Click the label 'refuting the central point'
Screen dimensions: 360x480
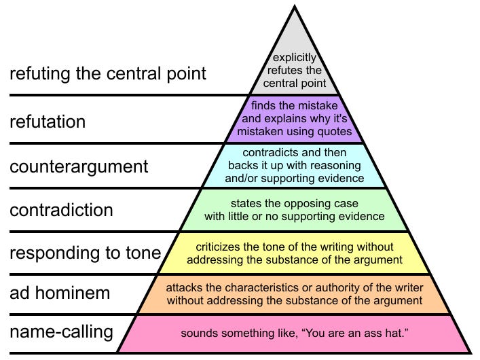coord(107,73)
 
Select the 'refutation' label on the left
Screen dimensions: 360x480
coord(48,122)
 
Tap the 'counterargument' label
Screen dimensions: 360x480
coord(79,166)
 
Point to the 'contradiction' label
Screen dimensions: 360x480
coord(61,210)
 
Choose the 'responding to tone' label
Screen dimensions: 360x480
coord(85,253)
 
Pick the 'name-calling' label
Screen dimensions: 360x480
coord(61,333)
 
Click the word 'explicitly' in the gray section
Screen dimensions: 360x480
coord(294,58)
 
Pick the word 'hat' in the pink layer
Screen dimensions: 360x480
coord(392,334)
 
